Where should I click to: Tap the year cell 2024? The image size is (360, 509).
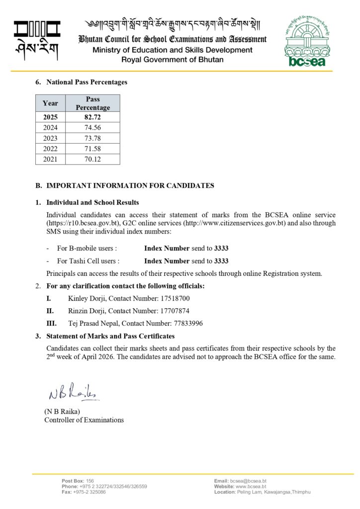[50, 128]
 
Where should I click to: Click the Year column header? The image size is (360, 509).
[50, 103]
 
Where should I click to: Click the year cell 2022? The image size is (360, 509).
[50, 149]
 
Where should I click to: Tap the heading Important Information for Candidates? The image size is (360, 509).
[130, 185]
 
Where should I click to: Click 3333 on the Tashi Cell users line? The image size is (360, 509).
[221, 261]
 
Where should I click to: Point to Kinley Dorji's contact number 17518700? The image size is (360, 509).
[174, 298]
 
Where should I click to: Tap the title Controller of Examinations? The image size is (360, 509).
[84, 420]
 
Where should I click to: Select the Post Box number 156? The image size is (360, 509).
[90, 481]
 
